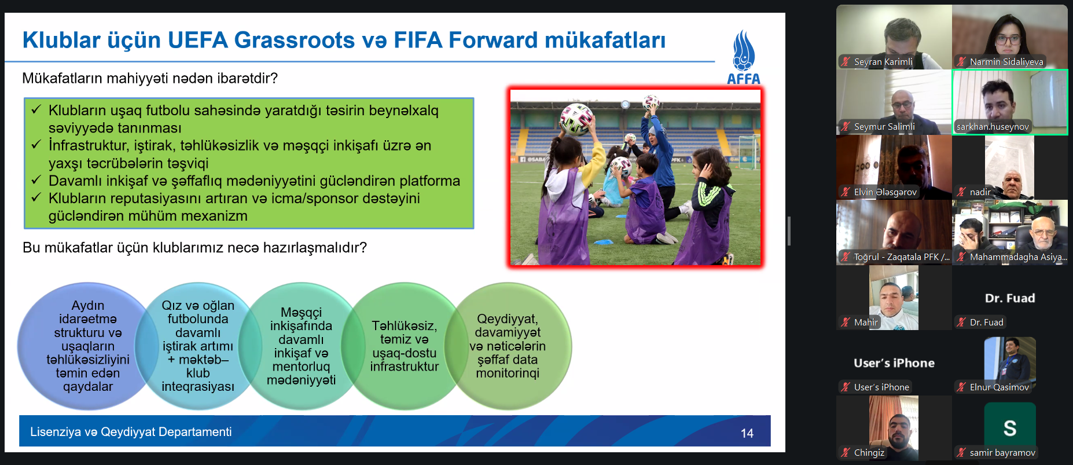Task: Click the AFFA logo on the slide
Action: (x=744, y=57)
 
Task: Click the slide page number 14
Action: (x=747, y=433)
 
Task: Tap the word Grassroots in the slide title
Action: (x=294, y=40)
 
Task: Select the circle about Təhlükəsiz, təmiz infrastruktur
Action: (x=405, y=346)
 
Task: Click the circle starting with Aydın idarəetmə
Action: (x=88, y=346)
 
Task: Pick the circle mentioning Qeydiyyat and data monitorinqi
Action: (x=508, y=346)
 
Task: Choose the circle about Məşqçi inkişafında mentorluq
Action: (x=301, y=346)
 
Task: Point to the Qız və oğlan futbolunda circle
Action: (x=198, y=346)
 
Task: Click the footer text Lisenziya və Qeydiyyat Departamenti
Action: (x=131, y=432)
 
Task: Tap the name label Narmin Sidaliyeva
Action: (x=1006, y=61)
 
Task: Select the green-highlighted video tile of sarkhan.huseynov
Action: (x=1010, y=102)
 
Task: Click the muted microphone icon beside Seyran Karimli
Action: (x=846, y=61)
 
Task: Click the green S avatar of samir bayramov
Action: (x=1010, y=428)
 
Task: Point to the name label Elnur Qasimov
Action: (x=999, y=387)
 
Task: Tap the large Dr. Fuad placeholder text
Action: (x=1010, y=298)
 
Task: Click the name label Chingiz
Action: (x=869, y=452)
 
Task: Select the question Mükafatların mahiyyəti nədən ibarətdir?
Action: (x=150, y=78)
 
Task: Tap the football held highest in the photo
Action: (x=652, y=102)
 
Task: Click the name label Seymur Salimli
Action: (x=884, y=126)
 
